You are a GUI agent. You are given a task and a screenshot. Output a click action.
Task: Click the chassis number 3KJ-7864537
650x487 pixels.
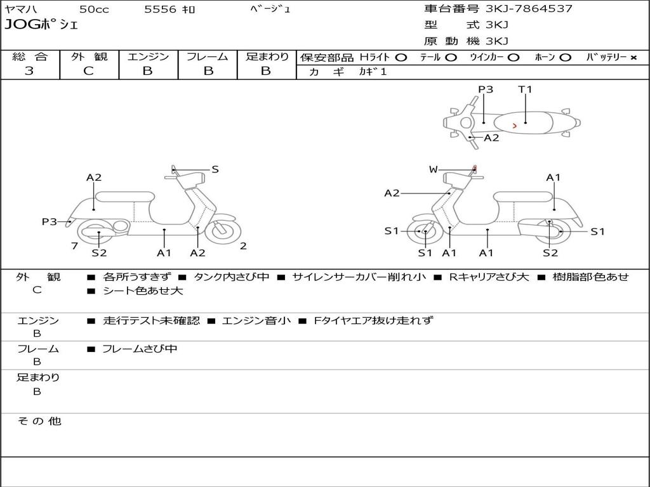[529, 9]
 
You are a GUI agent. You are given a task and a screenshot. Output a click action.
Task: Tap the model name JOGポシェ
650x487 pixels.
[41, 25]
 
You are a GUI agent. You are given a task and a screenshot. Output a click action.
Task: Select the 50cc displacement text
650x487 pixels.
[94, 9]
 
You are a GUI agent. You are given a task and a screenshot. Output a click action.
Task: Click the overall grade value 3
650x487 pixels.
[29, 71]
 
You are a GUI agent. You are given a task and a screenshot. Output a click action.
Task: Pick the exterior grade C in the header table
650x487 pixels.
[89, 71]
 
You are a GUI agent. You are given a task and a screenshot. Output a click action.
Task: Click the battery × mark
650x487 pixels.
[633, 58]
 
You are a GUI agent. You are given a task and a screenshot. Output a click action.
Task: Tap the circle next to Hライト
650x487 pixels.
[401, 58]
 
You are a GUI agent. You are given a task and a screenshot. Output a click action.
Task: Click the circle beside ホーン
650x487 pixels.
[566, 58]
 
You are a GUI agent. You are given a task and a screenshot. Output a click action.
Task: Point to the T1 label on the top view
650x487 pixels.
[525, 89]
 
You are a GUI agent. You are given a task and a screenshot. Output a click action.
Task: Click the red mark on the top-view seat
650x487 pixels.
[514, 126]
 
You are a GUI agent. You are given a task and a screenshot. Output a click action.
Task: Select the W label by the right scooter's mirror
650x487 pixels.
[433, 169]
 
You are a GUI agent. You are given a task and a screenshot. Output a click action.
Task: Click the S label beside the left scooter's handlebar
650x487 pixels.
[215, 169]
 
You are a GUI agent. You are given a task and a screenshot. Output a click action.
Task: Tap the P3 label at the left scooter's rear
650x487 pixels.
[50, 222]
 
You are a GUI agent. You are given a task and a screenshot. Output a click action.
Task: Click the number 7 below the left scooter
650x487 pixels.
[75, 246]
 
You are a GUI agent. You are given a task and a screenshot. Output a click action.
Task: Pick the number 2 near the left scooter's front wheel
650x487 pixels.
[243, 246]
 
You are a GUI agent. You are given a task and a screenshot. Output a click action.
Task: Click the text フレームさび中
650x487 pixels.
[140, 349]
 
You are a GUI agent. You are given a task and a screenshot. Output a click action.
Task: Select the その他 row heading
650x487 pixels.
[39, 421]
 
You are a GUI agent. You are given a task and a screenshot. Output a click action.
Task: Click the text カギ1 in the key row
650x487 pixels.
[373, 72]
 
